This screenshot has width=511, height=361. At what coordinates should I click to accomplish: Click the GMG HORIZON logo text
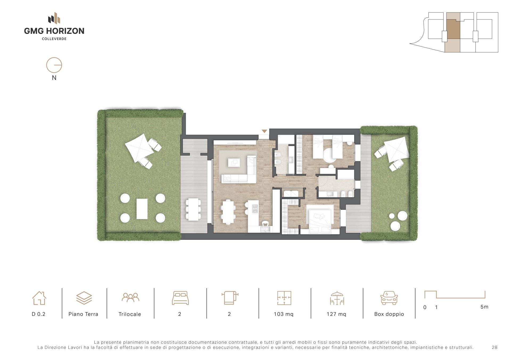[54, 31]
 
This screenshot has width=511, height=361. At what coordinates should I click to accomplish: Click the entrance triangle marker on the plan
[264, 131]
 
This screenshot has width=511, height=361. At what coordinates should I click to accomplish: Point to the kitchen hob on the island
[255, 208]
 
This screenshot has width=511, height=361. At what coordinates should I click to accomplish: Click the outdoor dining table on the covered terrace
[193, 209]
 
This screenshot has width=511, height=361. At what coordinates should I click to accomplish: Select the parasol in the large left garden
[139, 148]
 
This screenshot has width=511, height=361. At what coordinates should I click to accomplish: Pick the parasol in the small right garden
[396, 149]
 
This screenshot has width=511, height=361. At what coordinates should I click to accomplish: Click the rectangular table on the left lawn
[142, 209]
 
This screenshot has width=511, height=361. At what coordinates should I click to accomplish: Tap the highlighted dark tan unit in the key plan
[453, 29]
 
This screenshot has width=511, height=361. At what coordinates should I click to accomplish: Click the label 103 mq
[284, 314]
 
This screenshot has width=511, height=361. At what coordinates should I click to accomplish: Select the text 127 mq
[336, 314]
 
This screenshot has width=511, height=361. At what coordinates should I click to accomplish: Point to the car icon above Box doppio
[389, 298]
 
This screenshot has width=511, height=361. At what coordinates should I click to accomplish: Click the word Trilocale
[130, 314]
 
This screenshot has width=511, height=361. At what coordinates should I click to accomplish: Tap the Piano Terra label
[83, 314]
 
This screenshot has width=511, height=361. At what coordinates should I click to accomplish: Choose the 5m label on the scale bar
[484, 307]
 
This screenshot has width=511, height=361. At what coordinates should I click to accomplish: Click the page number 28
[494, 347]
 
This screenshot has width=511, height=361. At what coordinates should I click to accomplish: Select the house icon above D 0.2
[39, 298]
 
